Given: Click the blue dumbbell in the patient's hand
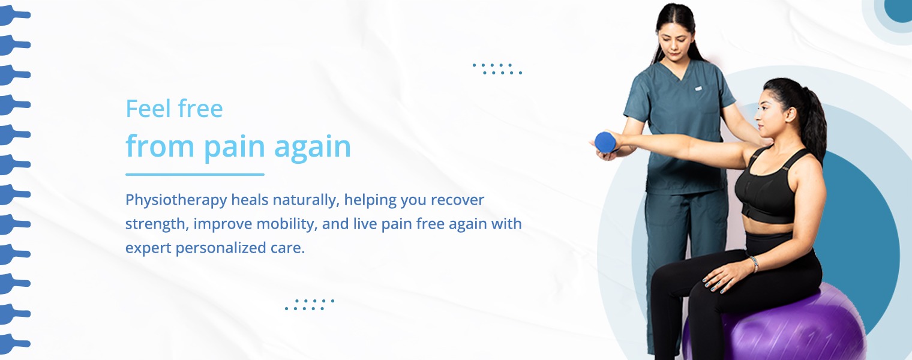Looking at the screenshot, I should pyautogui.click(x=605, y=142).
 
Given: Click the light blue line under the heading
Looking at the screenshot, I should pyautogui.click(x=194, y=175).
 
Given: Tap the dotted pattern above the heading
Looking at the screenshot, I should pyautogui.click(x=497, y=68).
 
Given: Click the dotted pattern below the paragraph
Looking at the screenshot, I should pyautogui.click(x=309, y=304).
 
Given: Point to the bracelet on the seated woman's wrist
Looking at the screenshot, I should pyautogui.click(x=754, y=263).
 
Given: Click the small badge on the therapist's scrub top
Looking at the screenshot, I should pyautogui.click(x=698, y=88).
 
